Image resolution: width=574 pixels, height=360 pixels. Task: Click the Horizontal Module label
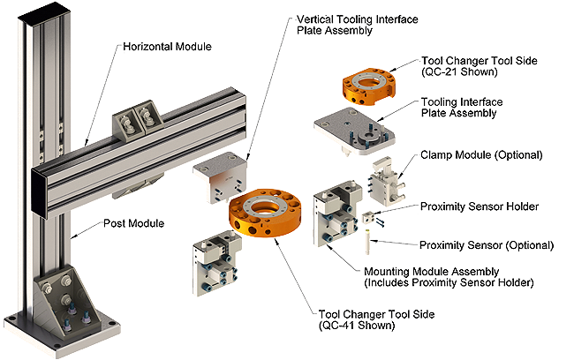pos(167,47)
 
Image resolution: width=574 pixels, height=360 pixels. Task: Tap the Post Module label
pos(133,223)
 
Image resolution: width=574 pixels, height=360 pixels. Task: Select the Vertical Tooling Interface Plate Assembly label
pos(358,25)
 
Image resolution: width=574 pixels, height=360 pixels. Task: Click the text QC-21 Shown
pos(460,71)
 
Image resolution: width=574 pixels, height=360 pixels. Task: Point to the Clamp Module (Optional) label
pos(481,154)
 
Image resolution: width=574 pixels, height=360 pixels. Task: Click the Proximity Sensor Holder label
pos(480,206)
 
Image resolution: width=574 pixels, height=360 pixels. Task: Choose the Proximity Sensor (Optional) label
pos(487,245)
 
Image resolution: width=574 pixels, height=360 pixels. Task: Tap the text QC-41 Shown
pos(357,326)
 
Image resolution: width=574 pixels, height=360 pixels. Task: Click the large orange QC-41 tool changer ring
pos(266,214)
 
